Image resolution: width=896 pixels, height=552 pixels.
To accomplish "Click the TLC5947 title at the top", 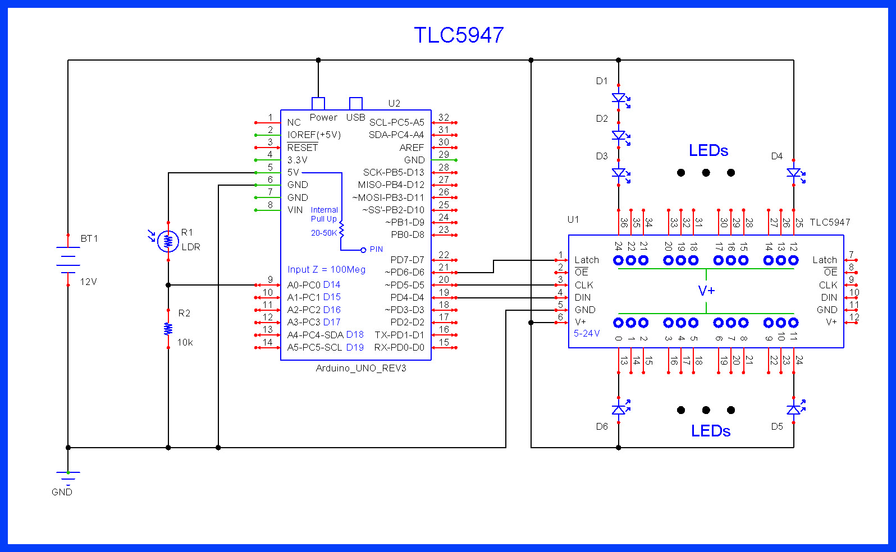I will click(x=459, y=35).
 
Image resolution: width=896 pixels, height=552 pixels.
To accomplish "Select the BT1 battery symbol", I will click(x=68, y=260).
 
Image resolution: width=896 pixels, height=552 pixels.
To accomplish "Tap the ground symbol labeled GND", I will click(x=68, y=477).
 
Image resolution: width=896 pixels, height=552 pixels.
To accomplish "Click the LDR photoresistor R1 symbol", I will click(x=168, y=241).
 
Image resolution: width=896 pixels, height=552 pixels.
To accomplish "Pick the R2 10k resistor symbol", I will click(x=168, y=329).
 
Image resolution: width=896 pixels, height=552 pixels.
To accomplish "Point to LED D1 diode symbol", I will click(x=619, y=99).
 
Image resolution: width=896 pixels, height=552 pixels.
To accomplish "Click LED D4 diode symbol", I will click(x=794, y=173).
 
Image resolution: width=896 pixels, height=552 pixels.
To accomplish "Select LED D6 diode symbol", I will click(x=619, y=410).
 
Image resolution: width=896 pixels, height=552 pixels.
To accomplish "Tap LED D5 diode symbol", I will click(x=794, y=410).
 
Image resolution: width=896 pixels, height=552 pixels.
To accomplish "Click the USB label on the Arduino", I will click(x=355, y=117).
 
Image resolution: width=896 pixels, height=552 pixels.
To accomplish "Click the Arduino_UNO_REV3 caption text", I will click(x=361, y=368).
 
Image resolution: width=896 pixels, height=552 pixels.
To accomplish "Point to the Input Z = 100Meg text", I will click(x=326, y=270).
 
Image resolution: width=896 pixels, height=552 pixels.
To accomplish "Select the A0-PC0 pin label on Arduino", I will click(x=304, y=285).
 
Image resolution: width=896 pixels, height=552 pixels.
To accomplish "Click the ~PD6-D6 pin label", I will click(x=404, y=272).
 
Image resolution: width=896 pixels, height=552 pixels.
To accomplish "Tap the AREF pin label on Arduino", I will click(x=412, y=148).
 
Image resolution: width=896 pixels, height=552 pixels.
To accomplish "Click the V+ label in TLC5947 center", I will click(x=706, y=291).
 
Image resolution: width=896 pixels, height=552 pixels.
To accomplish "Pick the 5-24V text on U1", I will click(x=587, y=333).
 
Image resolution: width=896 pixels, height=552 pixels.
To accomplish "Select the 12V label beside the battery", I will click(x=89, y=282).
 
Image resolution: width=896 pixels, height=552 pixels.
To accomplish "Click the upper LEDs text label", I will click(x=708, y=151).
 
